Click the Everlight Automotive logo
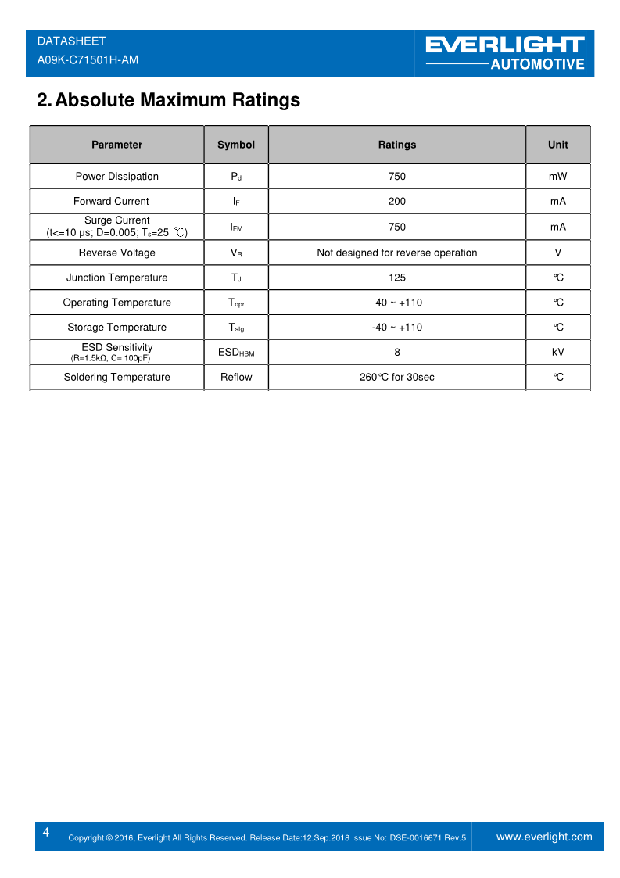tap(505, 53)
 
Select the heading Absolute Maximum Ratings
tap(169, 100)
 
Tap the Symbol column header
tap(236, 145)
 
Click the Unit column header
tap(557, 145)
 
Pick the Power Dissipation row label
tap(116, 177)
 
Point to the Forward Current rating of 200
tap(396, 202)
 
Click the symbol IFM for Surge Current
tap(236, 228)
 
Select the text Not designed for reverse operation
tap(396, 253)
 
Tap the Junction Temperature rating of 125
tap(396, 278)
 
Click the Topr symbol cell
tap(236, 303)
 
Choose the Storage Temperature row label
tap(116, 328)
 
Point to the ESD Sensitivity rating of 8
tap(396, 353)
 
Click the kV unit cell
tap(557, 353)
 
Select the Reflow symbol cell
tap(236, 378)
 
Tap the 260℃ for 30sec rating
tap(396, 378)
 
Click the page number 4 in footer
tap(46, 833)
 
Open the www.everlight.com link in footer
tap(544, 837)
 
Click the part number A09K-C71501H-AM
tap(88, 59)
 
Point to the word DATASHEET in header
tap(71, 41)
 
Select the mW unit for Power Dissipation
tap(557, 177)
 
